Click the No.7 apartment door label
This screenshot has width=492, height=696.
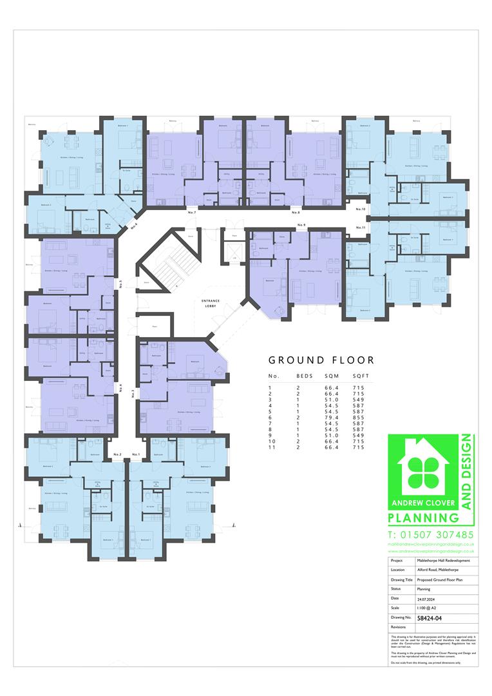pos(191,212)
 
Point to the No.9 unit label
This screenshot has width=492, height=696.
pos(301,225)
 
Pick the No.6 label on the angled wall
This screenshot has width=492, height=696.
pos(134,225)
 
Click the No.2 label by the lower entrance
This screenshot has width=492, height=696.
pos(118,455)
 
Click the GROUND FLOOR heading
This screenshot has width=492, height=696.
pos(321,360)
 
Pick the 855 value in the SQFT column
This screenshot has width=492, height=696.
pos(359,418)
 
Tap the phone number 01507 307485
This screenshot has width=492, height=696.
pos(430,535)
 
